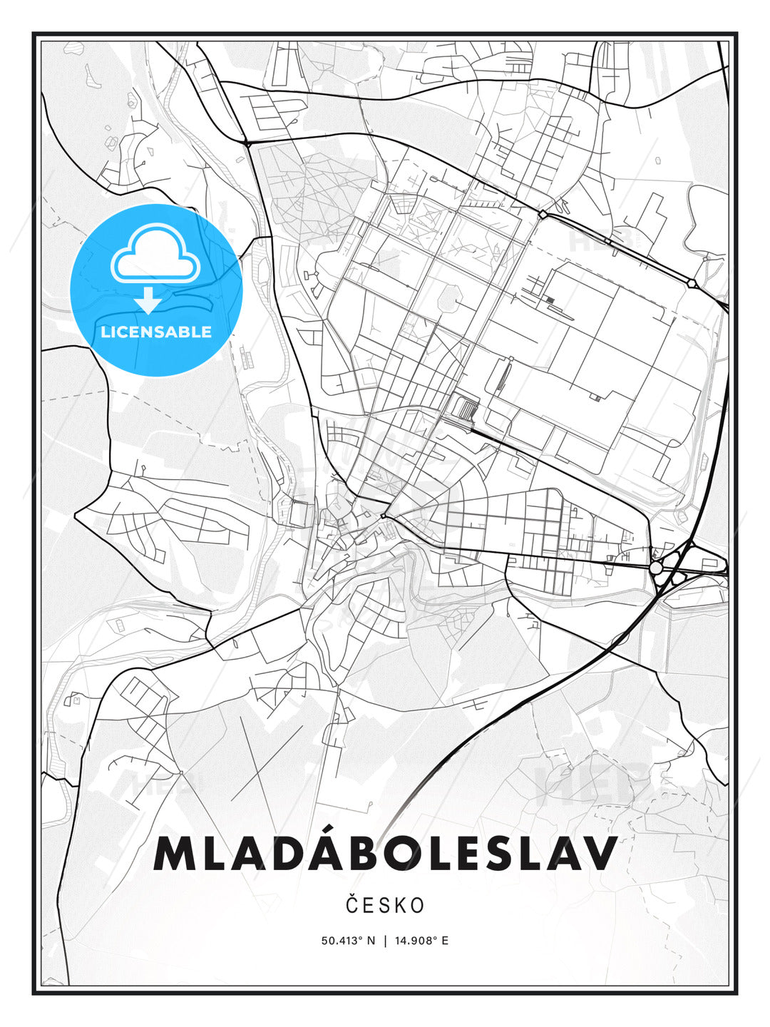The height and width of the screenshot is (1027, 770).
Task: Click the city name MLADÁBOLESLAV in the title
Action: (x=385, y=853)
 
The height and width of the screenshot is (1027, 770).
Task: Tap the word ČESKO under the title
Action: (x=385, y=906)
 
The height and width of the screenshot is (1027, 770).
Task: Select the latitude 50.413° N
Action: (x=348, y=941)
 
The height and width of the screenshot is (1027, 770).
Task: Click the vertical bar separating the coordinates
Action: (x=385, y=941)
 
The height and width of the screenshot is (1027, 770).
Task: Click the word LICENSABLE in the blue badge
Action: (x=156, y=332)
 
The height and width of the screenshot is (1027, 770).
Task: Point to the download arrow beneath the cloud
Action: (x=148, y=300)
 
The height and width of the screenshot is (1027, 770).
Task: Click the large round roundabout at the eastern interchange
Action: (x=656, y=567)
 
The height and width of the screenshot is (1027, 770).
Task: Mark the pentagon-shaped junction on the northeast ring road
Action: (x=692, y=283)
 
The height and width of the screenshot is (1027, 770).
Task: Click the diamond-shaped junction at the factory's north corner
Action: (x=543, y=214)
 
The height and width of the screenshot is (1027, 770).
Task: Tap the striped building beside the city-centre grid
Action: (x=464, y=409)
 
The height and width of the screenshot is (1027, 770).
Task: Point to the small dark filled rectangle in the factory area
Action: (x=550, y=300)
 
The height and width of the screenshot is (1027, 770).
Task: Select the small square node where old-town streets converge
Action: (x=383, y=516)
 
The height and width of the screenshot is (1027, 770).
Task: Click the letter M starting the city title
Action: (x=171, y=853)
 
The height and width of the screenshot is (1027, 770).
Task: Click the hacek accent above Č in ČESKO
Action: (x=352, y=896)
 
